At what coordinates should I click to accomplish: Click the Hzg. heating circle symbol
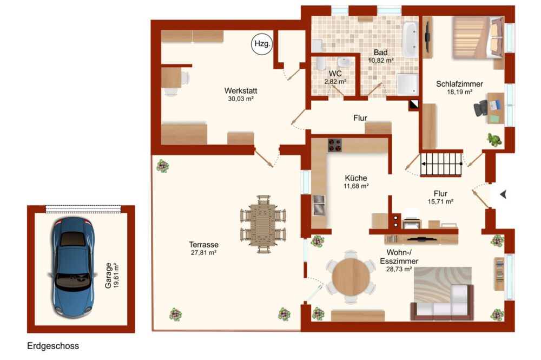[262, 44]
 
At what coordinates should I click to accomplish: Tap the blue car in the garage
[73, 267]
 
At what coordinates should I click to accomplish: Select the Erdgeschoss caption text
[53, 346]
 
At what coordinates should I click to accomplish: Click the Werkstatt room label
[241, 91]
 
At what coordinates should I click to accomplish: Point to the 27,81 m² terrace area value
[203, 253]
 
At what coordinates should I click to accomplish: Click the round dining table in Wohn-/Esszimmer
[351, 277]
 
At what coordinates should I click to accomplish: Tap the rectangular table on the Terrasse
[263, 225]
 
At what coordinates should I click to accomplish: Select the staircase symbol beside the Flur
[441, 164]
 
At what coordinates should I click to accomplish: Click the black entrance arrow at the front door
[503, 194]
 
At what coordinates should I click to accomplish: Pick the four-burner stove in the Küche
[334, 145]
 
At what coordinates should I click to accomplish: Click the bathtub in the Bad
[410, 40]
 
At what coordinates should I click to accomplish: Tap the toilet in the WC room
[321, 64]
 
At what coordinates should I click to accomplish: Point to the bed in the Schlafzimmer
[478, 37]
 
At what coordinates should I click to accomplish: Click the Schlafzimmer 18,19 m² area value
[459, 92]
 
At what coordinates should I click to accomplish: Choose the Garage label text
[108, 276]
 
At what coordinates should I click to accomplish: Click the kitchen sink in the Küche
[319, 205]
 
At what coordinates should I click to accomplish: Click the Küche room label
[356, 178]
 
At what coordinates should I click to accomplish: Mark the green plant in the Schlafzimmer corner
[494, 140]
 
